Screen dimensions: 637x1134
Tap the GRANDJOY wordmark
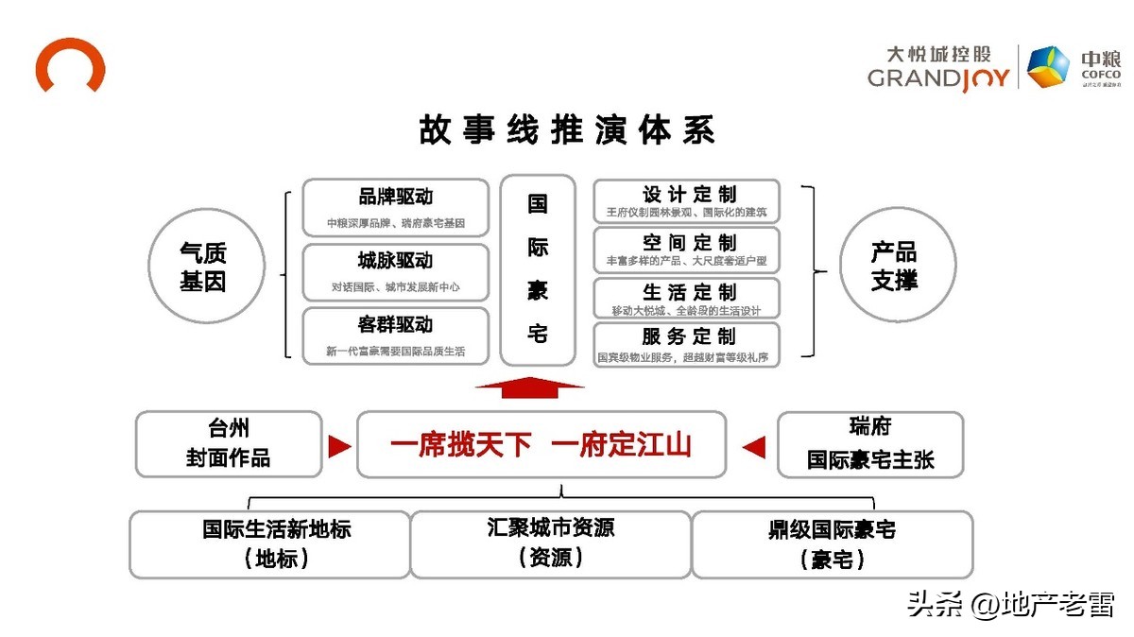coord(939,77)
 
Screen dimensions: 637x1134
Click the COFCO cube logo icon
coord(1049,67)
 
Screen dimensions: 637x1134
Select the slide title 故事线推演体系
coord(566,130)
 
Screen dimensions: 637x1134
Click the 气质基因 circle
coord(203,266)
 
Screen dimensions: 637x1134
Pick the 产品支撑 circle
coord(893,266)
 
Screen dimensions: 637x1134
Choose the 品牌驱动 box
coord(395,208)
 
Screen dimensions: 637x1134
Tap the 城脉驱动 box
coord(395,272)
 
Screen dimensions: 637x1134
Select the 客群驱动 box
coord(395,336)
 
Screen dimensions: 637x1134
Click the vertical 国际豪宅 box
coord(538,269)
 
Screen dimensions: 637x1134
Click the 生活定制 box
coord(687,298)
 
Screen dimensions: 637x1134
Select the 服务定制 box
coord(687,345)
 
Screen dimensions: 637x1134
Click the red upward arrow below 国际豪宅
coord(529,387)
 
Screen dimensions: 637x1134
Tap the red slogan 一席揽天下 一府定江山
coord(541,444)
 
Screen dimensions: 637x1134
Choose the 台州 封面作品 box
coord(229,444)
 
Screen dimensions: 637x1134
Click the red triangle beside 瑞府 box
coord(753,446)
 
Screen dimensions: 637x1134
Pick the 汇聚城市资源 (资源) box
coord(551,542)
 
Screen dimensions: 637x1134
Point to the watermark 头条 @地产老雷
coord(1010,604)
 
